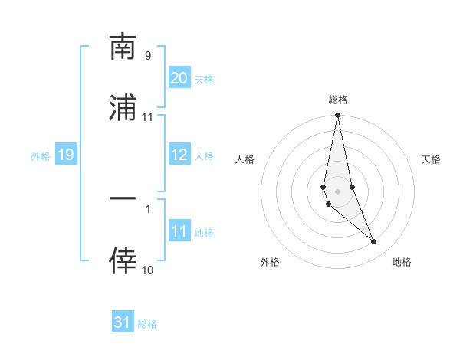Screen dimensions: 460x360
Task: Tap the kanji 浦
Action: tap(123, 109)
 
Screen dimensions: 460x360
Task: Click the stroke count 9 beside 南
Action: tap(147, 55)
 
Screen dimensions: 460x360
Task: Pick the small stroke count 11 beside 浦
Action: tap(147, 117)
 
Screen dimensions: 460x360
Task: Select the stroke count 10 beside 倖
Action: tap(147, 270)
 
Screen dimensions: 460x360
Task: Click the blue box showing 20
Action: tap(179, 78)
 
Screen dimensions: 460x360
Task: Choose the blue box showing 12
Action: tap(179, 155)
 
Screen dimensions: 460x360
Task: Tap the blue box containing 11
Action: tap(179, 231)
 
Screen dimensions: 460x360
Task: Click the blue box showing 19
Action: tap(65, 155)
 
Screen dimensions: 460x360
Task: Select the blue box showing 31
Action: tap(123, 322)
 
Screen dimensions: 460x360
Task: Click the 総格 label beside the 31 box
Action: tap(147, 324)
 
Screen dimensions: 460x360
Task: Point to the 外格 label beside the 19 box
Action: tap(41, 156)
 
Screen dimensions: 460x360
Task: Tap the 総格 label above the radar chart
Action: tap(338, 100)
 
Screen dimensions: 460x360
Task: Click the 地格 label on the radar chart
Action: tap(402, 262)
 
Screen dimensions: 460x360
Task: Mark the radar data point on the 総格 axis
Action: tap(338, 116)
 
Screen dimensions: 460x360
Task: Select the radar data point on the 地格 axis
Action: tap(374, 241)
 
